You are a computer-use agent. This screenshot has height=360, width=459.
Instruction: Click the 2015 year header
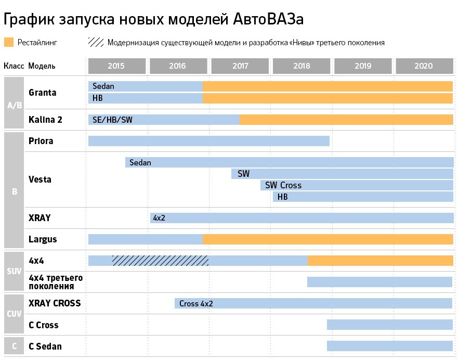tap(116, 66)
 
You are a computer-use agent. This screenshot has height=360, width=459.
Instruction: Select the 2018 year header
tap(301, 66)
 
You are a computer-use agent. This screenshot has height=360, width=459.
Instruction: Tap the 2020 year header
tap(424, 66)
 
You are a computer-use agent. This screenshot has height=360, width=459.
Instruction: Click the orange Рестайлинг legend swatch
tap(8, 42)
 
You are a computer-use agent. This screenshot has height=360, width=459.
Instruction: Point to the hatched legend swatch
tap(96, 42)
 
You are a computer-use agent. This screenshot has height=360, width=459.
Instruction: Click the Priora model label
tap(41, 141)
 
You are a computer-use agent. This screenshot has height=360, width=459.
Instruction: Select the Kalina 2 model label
tap(46, 120)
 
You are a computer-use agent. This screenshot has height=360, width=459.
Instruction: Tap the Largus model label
tap(43, 239)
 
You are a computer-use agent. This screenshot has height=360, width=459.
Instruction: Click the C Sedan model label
tap(45, 346)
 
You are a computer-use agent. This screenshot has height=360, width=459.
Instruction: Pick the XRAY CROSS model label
tap(55, 303)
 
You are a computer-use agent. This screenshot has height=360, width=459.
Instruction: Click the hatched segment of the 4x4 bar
tap(160, 261)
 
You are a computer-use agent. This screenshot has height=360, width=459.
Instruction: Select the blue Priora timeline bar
tap(208, 141)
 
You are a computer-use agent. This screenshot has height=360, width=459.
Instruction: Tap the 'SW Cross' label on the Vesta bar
tap(283, 185)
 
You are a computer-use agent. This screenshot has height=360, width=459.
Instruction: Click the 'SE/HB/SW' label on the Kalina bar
tap(112, 120)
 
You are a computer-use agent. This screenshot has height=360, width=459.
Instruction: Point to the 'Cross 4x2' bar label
tap(196, 303)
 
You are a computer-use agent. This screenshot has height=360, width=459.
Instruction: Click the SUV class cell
tap(14, 271)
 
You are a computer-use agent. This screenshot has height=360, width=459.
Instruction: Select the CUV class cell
tap(14, 314)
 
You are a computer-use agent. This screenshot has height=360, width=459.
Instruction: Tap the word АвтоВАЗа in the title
tap(266, 19)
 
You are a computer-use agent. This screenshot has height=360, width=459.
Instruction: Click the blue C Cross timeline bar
tap(389, 325)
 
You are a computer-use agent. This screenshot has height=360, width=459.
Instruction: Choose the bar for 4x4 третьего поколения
tap(379, 282)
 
